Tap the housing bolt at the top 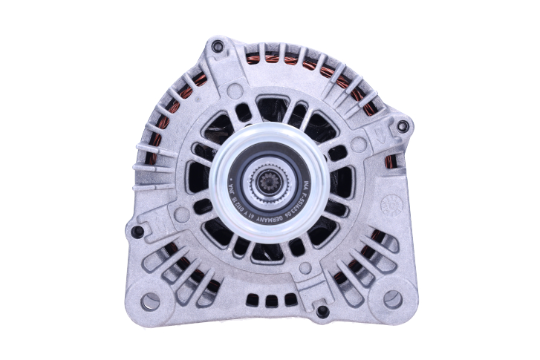(217, 48)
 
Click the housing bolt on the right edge (403, 126)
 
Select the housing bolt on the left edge (137, 232)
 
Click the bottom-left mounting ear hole (151, 301)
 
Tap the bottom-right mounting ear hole (391, 299)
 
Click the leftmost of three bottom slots (253, 300)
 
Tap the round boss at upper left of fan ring (235, 91)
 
